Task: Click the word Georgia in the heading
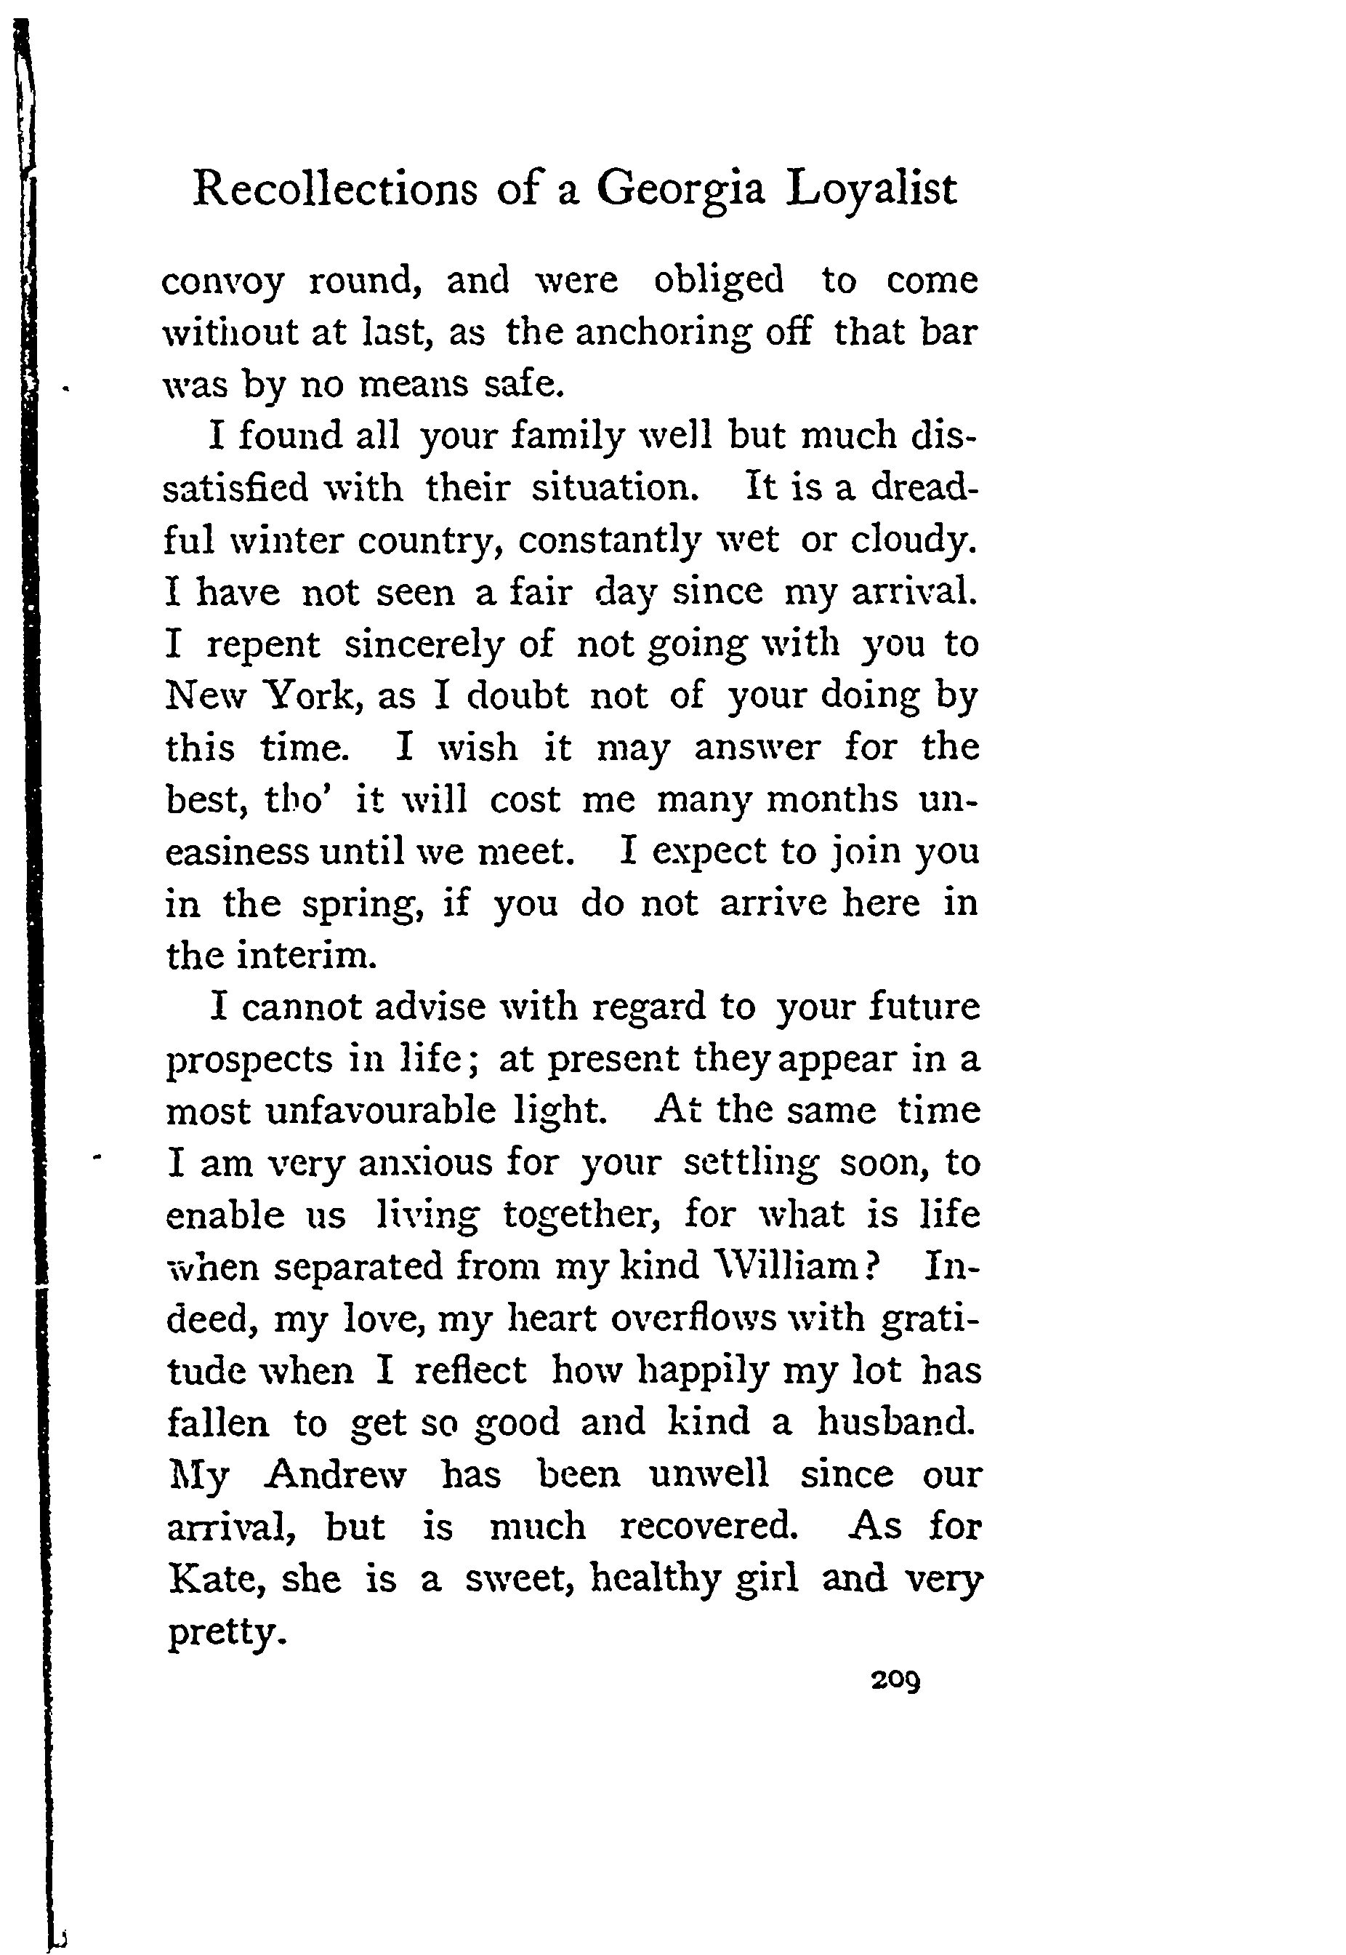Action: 680,191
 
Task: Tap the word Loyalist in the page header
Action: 872,191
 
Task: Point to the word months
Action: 831,799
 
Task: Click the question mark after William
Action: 872,1266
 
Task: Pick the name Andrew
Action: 336,1475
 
